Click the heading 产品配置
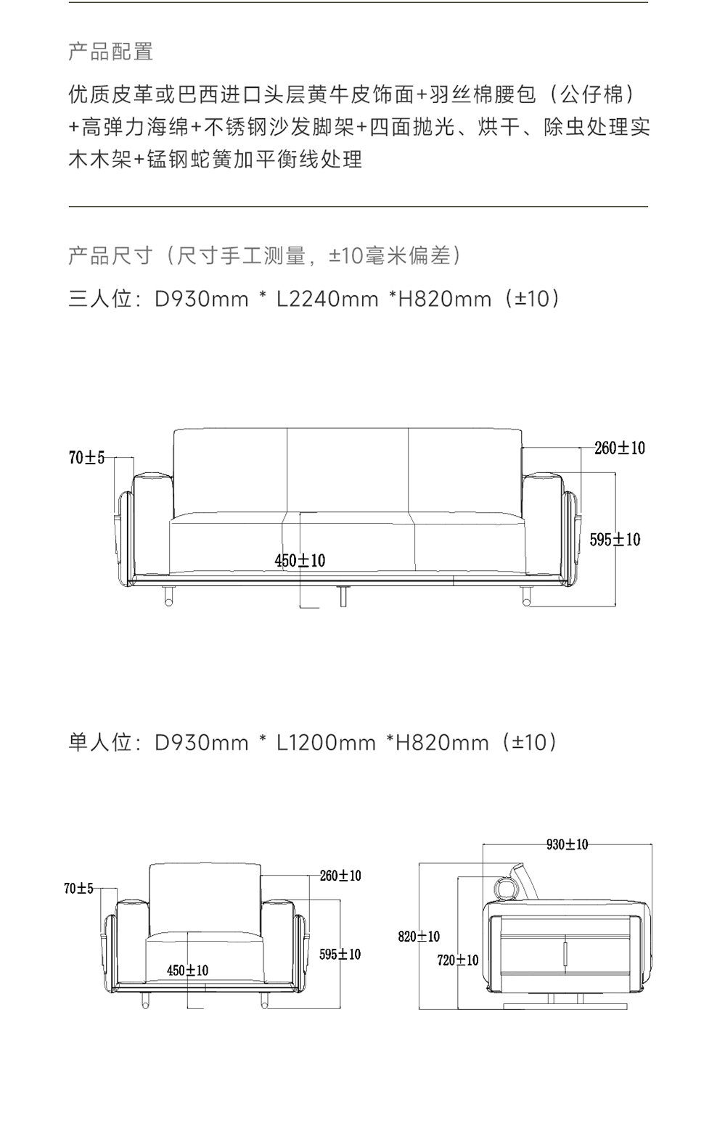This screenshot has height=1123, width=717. point(110,52)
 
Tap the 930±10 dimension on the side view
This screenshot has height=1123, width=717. point(567,844)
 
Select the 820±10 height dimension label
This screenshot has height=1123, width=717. point(419,937)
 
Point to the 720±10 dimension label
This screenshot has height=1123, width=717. point(458,960)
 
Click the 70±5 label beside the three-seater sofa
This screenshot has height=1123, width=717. point(86,458)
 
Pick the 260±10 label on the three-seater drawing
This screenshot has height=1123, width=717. point(619,448)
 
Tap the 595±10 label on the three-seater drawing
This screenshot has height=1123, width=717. point(615,540)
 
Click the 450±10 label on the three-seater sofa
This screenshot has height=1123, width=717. point(300,560)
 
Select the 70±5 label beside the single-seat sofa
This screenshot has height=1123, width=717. point(78,888)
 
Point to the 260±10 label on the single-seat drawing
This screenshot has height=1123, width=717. point(340,876)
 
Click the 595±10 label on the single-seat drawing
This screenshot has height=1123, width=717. point(340,954)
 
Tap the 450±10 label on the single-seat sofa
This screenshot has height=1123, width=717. point(187,971)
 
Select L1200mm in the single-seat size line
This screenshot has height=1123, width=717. point(326,743)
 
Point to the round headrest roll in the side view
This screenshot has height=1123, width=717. point(505,887)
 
